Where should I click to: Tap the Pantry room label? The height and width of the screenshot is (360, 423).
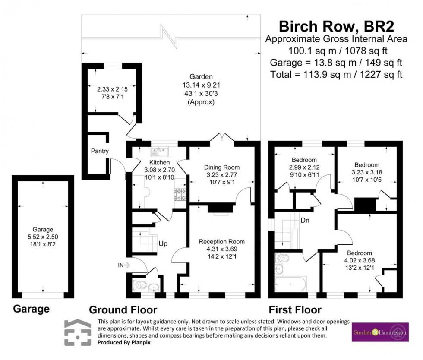click(99, 151)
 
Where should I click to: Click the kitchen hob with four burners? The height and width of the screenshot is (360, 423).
click(180, 195)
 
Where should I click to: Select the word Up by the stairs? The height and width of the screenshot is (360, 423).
click(163, 243)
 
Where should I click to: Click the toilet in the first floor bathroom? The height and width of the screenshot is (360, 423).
click(282, 258)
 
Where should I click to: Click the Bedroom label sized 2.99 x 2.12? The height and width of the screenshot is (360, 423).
click(305, 160)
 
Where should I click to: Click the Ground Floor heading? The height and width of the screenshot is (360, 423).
click(123, 309)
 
